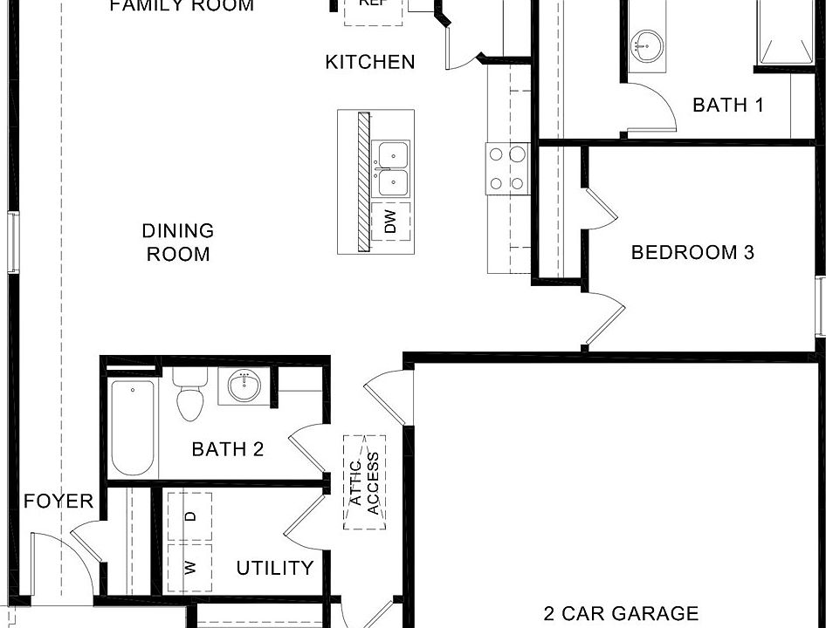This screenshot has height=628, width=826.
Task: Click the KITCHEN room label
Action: pos(370,62)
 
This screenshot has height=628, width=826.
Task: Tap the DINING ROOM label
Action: pos(178,242)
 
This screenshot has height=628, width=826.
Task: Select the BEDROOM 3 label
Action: pos(692,253)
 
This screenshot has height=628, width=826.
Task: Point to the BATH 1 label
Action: pos(728,106)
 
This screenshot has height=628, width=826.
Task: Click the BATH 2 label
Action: pos(228,450)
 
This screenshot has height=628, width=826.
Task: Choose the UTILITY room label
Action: pos(275,568)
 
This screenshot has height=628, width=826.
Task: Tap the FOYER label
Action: pos(59,502)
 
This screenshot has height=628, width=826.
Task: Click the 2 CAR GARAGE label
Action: pos(621,614)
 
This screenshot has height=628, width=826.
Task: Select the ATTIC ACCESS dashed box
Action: pos(365,482)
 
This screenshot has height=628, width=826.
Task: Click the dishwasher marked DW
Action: pos(390,221)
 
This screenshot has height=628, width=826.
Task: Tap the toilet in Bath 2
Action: pos(189,395)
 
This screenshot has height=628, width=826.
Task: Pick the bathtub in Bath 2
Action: pos(133,427)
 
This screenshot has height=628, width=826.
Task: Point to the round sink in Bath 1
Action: pos(647,43)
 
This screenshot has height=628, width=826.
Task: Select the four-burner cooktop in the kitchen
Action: pos(507,169)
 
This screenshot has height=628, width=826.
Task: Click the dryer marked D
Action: pos(191,516)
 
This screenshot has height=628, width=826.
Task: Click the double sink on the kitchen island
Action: pos(391,168)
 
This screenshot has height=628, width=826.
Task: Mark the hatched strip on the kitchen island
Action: pos(363,181)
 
